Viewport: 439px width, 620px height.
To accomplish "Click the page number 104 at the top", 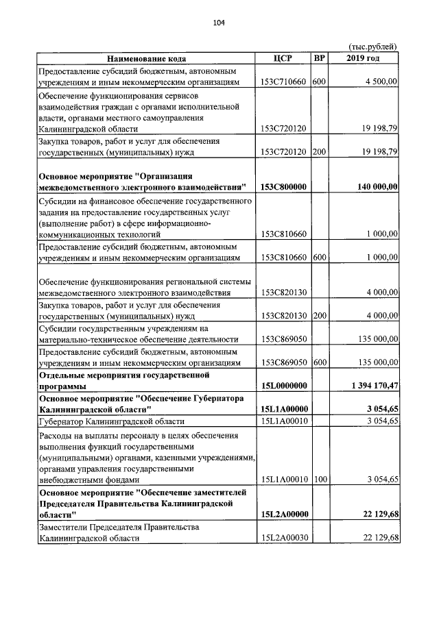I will click(219, 23).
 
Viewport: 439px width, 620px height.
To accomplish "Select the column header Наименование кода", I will click(145, 58).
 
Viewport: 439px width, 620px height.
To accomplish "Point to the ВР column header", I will click(319, 58).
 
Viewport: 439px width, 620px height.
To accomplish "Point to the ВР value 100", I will click(319, 480).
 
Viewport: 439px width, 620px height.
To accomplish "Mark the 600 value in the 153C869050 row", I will click(319, 362).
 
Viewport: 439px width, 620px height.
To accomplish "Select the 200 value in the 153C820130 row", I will click(319, 316).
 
